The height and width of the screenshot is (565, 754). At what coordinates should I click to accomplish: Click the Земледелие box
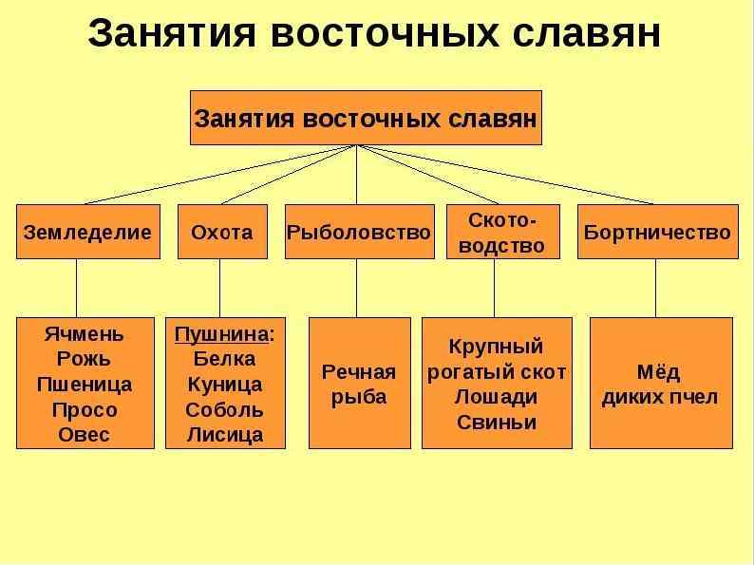pyautogui.click(x=85, y=232)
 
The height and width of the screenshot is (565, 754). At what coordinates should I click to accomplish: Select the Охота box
pyautogui.click(x=222, y=232)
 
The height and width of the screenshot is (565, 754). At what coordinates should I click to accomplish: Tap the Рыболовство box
pyautogui.click(x=359, y=232)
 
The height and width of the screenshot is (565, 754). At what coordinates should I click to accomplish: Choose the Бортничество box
pyautogui.click(x=657, y=232)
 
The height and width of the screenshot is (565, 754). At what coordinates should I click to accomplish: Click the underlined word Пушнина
pyautogui.click(x=221, y=334)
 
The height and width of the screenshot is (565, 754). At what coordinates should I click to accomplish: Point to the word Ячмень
pyautogui.click(x=85, y=334)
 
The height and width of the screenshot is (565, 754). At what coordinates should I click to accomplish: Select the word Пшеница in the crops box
pyautogui.click(x=85, y=385)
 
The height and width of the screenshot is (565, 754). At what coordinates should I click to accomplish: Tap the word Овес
pyautogui.click(x=85, y=435)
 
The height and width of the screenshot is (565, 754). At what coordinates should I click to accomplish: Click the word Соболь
pyautogui.click(x=224, y=410)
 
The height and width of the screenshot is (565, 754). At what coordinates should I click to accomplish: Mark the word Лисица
pyautogui.click(x=224, y=435)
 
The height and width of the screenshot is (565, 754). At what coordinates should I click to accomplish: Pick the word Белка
pyautogui.click(x=224, y=359)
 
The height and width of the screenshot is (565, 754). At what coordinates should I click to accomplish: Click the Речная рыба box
pyautogui.click(x=359, y=383)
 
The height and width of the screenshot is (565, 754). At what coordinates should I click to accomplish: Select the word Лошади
pyautogui.click(x=496, y=397)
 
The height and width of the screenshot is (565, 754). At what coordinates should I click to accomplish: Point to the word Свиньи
pyautogui.click(x=496, y=422)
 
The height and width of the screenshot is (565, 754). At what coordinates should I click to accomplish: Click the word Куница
pyautogui.click(x=224, y=385)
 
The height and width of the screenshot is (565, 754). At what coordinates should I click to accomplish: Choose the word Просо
pyautogui.click(x=85, y=410)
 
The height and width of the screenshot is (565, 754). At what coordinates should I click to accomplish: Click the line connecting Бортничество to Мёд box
pyautogui.click(x=655, y=288)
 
